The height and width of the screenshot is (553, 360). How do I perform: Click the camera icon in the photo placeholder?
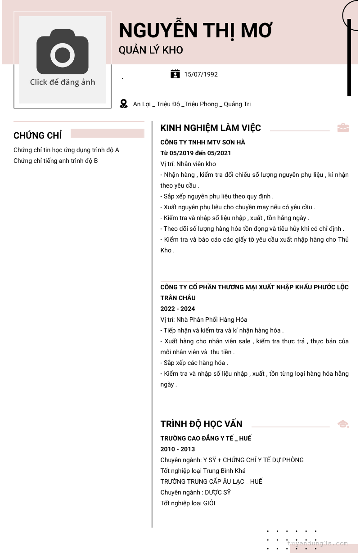coord(63,52)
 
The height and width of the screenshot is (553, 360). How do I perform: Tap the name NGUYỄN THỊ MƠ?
coord(195,31)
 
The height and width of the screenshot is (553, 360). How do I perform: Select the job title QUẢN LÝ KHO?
coord(151,50)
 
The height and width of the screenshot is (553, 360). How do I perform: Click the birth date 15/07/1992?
coord(201,74)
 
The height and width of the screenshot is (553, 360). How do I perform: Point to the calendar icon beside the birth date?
coord(175,74)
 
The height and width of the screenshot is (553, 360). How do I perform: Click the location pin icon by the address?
coord(124,104)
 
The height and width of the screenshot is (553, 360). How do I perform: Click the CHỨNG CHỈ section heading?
coord(38,135)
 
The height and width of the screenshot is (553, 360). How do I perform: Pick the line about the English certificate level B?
coord(56,161)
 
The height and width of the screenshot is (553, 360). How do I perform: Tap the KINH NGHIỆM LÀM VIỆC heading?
coord(211,128)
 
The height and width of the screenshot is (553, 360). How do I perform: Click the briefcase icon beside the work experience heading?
coord(343,128)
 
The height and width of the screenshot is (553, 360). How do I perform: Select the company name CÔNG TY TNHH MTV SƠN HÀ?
coord(202,142)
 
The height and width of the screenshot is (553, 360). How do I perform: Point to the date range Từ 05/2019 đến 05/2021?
coord(196,153)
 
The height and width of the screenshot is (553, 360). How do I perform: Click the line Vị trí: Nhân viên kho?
coord(188,164)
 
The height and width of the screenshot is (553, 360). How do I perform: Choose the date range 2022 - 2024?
coord(178,309)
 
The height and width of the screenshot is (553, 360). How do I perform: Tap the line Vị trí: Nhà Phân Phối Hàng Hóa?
coord(204,319)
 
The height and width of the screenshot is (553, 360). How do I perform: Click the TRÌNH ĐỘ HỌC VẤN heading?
coord(201,424)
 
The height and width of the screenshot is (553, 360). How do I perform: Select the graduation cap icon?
coord(343,424)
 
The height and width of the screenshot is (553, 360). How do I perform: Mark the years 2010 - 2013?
coord(178,449)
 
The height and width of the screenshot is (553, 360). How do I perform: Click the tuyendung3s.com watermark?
coord(317,544)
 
